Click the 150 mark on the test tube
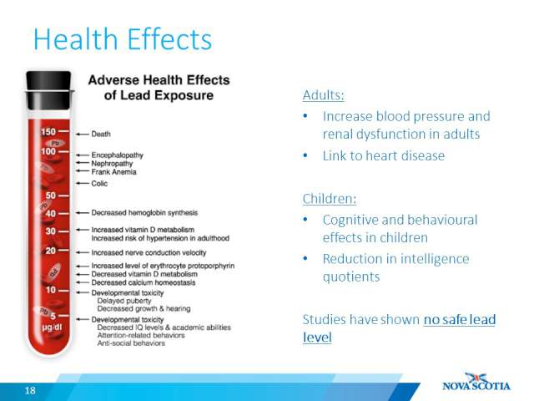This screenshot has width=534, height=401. coord(48,132)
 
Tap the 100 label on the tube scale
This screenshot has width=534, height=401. coord(48,151)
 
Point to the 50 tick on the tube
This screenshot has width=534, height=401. coord(50,195)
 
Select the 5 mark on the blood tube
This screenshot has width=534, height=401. coord(53,316)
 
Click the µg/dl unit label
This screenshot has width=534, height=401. coord(52,327)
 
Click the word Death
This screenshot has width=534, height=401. coord(101,134)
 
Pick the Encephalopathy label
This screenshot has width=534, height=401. coord(117,155)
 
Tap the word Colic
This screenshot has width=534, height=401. coord(99,184)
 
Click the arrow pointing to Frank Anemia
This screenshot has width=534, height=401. coord(83,170)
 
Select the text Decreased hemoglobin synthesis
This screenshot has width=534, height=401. coord(144,213)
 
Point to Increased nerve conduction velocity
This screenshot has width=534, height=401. coord(149,252)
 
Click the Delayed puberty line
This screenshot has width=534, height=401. coord(124,301)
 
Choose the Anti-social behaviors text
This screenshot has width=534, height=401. coord(131,343)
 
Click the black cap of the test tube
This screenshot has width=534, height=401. coord(48,90)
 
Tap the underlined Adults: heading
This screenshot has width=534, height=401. coord(323,94)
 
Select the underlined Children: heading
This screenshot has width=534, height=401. coord(330,199)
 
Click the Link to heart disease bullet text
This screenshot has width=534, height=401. coord(384,156)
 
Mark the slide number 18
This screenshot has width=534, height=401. coord(30,390)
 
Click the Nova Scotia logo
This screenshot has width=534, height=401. coord(476,382)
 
